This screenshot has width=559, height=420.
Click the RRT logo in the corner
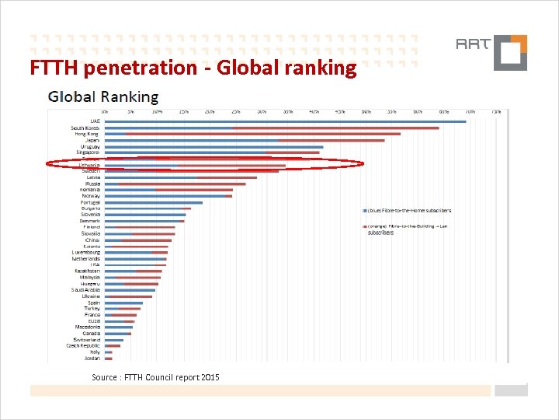[x=500, y=51]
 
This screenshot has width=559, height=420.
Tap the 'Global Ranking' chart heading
[x=103, y=97]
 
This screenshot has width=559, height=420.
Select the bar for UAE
[x=285, y=121]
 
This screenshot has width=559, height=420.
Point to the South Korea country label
[x=85, y=128]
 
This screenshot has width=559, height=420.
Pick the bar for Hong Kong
[x=252, y=134]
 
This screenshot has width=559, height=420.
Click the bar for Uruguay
[x=214, y=146]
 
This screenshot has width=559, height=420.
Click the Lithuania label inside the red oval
[x=89, y=165]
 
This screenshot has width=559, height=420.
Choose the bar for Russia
[x=175, y=184]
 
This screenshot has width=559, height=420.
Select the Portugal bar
[x=153, y=202]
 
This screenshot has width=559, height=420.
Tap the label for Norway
[x=90, y=196]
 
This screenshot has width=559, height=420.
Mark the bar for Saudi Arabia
[x=130, y=290]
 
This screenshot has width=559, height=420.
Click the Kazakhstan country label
[x=87, y=271]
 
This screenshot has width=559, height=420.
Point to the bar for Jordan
[x=109, y=359]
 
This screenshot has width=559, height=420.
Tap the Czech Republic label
[x=83, y=346]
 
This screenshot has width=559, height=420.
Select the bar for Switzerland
[x=114, y=340]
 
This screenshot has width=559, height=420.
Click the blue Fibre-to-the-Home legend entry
[x=408, y=211]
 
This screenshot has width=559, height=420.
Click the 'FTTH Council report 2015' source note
[x=155, y=377]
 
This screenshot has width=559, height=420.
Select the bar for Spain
[x=123, y=303]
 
